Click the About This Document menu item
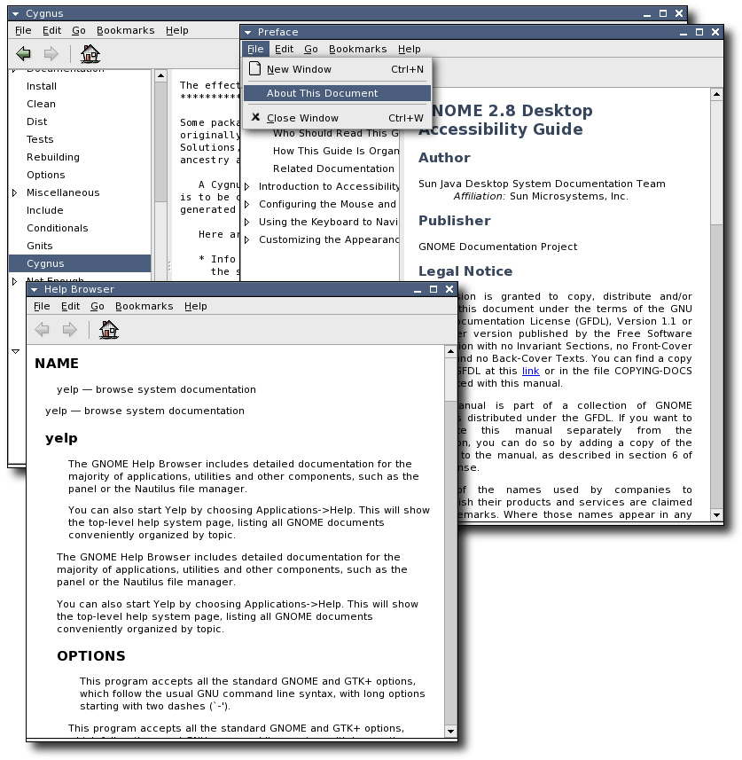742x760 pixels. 322,93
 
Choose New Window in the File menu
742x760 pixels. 299,69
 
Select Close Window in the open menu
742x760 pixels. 302,118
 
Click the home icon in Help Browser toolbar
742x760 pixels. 109,331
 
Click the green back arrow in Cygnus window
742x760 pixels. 24,54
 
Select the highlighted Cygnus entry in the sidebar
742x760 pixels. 45,263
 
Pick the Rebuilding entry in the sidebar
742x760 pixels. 53,157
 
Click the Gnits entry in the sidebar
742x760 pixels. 40,246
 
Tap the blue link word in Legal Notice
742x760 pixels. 530,371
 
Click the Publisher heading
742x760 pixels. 454,221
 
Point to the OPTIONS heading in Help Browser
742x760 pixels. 91,656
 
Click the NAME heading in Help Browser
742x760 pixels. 57,364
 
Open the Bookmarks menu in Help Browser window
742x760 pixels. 144,306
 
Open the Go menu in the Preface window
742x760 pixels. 311,50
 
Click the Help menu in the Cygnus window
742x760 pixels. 177,30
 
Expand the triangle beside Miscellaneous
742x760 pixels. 14,192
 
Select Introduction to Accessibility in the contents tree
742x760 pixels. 329,186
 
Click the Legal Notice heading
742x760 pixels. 465,271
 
